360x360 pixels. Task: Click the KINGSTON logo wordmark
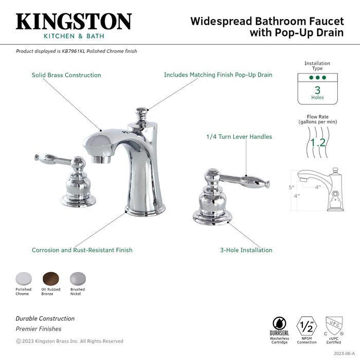point(74,22)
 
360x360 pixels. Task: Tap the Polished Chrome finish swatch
point(23,278)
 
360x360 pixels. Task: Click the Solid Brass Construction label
point(66,75)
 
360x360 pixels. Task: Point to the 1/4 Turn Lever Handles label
point(239,137)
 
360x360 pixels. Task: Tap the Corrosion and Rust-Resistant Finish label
point(82,250)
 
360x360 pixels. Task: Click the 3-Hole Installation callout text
point(246,250)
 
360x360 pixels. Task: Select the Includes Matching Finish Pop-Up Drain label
point(218,75)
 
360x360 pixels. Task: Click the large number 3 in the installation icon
point(317,90)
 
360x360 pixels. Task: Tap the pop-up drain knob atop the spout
point(141,112)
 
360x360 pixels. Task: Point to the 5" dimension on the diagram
point(291,188)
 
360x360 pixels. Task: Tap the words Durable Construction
point(45,319)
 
